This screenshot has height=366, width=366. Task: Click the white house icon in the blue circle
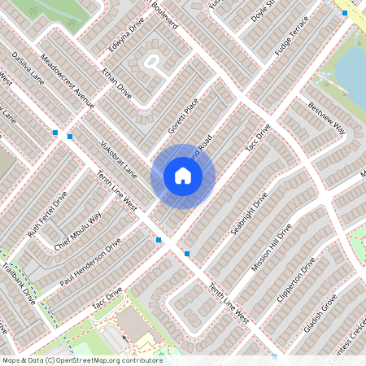(183, 175)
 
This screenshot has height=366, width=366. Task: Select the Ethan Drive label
(117, 81)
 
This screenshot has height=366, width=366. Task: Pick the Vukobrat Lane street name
(116, 160)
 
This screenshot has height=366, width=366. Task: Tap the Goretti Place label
(183, 116)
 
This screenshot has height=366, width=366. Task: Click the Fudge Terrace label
(293, 36)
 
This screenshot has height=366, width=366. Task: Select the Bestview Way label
(327, 119)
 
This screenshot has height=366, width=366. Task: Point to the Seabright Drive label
(249, 214)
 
